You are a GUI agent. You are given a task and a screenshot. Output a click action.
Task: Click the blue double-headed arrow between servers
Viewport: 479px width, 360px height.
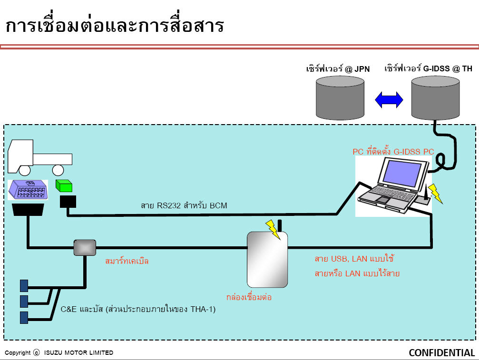(x=389, y=100)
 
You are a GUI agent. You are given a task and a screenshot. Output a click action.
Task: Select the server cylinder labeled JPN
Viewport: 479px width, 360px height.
(x=340, y=97)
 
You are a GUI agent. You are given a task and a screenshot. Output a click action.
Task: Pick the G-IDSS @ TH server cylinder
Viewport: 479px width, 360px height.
(x=435, y=97)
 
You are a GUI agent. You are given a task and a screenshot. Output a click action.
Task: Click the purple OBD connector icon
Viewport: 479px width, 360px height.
(x=28, y=190)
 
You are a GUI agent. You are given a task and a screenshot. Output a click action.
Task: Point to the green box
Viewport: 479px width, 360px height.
(x=64, y=185)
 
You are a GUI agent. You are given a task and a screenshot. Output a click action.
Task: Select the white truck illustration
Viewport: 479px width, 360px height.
(x=39, y=157)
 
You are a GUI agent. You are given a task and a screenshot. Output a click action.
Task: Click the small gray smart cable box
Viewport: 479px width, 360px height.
(x=85, y=247)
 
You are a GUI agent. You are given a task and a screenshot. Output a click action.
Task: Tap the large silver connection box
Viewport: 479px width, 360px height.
(x=267, y=260)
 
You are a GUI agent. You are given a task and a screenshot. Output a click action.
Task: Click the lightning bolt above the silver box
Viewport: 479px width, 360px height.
(x=273, y=230)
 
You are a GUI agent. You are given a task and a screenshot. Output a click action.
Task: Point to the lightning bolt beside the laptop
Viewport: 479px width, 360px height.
(x=435, y=193)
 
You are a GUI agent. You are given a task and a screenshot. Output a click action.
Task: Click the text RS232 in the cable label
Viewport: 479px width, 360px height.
(x=169, y=205)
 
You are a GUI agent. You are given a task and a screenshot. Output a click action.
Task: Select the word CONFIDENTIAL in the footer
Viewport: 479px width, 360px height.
(x=442, y=353)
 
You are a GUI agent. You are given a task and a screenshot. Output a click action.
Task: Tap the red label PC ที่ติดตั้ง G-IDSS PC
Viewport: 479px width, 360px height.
(x=393, y=151)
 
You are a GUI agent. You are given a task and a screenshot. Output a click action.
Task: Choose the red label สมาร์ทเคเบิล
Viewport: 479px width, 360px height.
(x=127, y=261)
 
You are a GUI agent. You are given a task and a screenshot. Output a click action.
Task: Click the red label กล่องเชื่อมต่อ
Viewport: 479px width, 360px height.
(x=249, y=297)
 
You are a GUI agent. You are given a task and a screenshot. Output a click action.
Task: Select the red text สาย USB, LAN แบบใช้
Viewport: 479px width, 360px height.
(x=354, y=259)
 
